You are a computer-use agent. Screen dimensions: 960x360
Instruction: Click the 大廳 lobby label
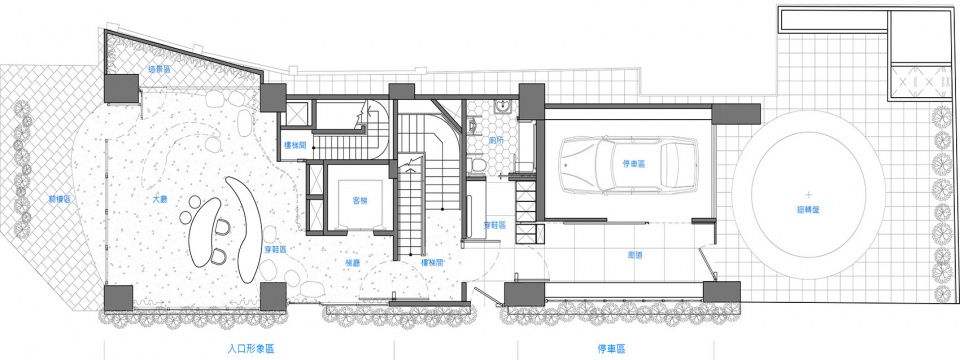pos(159,200)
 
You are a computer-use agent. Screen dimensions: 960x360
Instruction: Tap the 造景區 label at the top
pos(160,70)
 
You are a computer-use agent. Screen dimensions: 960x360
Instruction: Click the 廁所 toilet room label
pos(496,140)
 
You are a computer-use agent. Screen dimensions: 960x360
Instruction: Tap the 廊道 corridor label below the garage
pos(635,254)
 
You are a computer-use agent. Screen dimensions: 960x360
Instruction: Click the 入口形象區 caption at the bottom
pos(252,349)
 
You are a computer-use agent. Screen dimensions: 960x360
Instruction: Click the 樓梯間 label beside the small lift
pos(296,145)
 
